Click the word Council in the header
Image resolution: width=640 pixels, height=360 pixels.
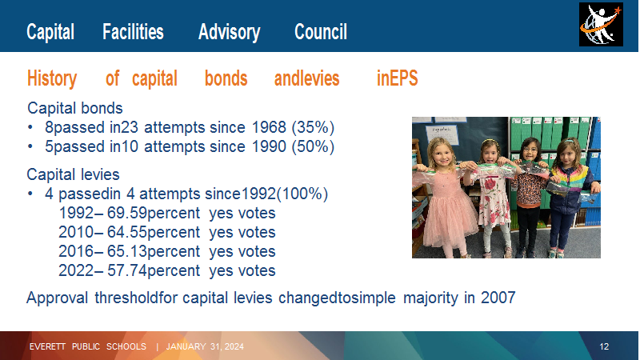[x=321, y=32]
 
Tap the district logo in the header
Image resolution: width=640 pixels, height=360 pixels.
[x=601, y=25]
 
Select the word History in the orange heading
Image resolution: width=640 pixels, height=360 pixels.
[x=52, y=78]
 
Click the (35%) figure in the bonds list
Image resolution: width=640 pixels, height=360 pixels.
[x=313, y=127]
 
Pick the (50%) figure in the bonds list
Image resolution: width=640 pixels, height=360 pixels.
[x=313, y=146]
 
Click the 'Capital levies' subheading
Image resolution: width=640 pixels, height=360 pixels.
[x=73, y=174]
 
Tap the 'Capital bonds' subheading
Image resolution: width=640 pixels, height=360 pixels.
[x=74, y=108]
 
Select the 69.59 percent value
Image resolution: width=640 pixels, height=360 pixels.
[x=154, y=213]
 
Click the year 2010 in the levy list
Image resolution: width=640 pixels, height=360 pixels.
[x=76, y=232]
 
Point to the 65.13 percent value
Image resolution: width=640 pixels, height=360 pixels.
[x=154, y=251]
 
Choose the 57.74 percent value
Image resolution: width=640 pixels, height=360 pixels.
[x=154, y=270]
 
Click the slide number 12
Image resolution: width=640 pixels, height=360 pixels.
[x=604, y=346]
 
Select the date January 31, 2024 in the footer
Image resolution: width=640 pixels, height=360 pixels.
[x=205, y=346]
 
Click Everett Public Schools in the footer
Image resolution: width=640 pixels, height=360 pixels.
[x=88, y=346]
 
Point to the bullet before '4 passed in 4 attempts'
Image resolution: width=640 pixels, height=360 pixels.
[x=30, y=194]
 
